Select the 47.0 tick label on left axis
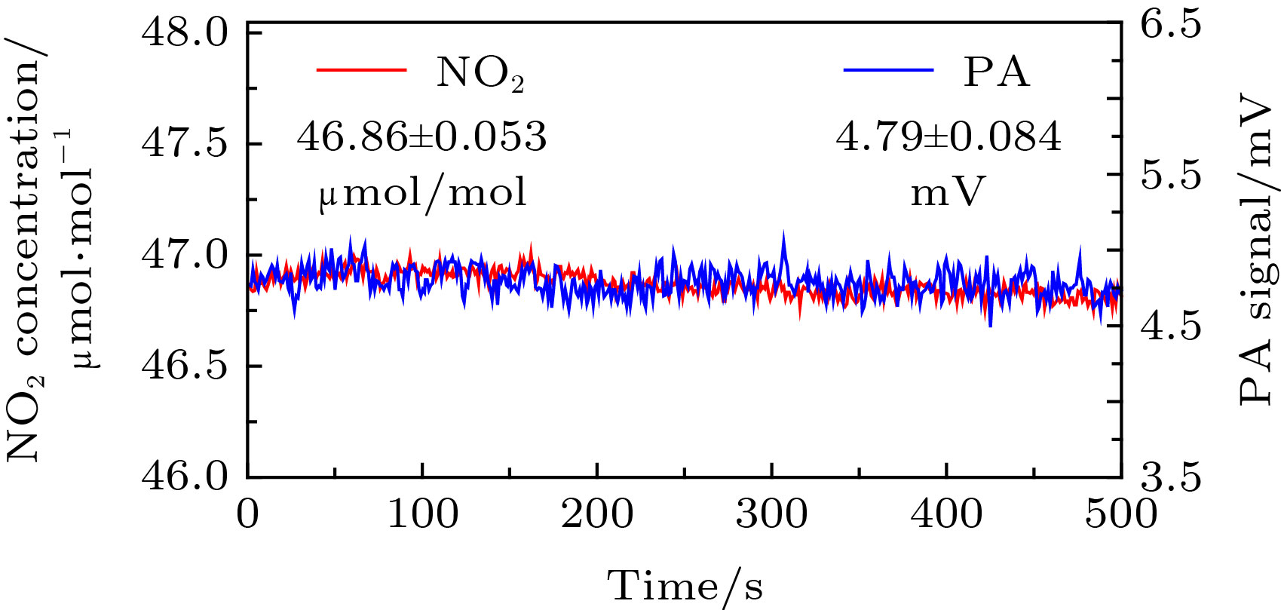tap(185, 255)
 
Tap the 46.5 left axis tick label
tap(185, 366)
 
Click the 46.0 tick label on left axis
tap(185, 477)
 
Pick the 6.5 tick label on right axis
tap(1170, 25)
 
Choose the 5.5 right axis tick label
tap(1170, 176)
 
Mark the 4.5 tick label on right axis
tap(1170, 326)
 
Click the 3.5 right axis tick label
tap(1170, 477)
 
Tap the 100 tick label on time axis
tap(422, 514)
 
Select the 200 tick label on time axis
tap(597, 514)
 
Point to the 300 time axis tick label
tap(771, 514)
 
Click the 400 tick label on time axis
tap(946, 514)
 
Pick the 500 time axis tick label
tap(1120, 514)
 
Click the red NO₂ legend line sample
tap(361, 70)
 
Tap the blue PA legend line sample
tap(888, 70)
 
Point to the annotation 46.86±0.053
tap(421, 137)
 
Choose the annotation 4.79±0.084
tap(948, 137)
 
